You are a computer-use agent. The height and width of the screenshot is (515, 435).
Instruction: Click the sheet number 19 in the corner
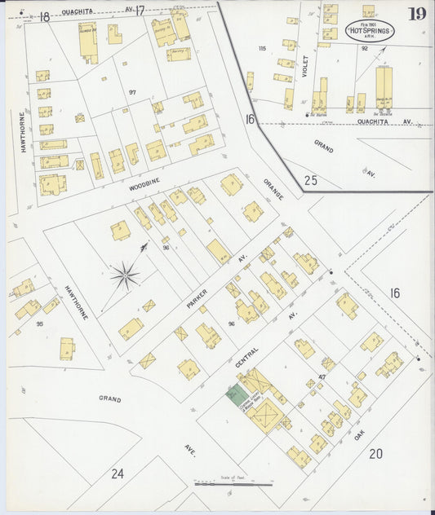(417, 14)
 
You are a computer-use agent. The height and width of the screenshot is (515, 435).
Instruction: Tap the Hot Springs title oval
(371, 32)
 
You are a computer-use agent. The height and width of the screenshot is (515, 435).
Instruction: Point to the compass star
(124, 275)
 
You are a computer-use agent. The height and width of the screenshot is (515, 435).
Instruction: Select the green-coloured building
(237, 397)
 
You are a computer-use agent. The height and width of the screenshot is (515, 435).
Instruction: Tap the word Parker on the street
(197, 293)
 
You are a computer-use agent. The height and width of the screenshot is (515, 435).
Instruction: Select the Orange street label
(273, 188)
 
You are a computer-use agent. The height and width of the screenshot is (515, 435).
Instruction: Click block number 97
(131, 92)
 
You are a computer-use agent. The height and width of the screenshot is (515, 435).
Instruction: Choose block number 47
(322, 376)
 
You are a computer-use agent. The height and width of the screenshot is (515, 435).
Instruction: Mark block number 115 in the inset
(262, 49)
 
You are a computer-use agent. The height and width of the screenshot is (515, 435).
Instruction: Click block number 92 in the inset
(365, 49)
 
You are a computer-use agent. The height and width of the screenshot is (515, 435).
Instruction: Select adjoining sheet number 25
(311, 180)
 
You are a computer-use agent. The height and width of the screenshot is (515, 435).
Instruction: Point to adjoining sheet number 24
(118, 473)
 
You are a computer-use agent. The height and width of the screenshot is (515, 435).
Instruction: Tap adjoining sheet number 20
(375, 454)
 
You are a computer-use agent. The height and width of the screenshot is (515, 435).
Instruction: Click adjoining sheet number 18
(44, 16)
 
